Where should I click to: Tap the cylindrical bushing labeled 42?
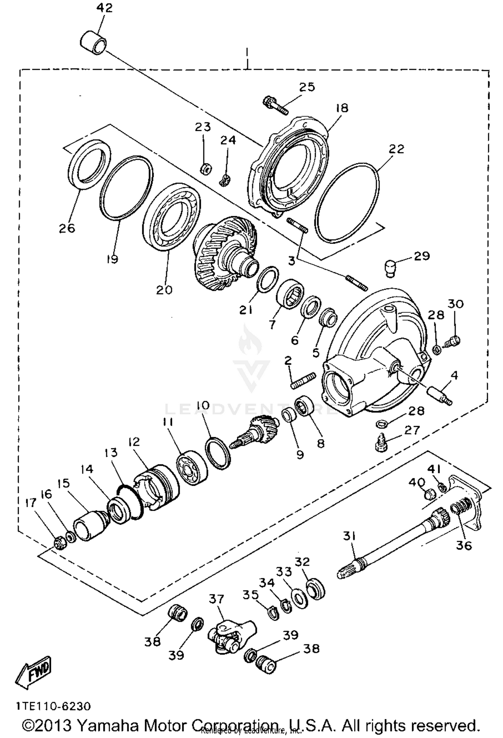[94, 43]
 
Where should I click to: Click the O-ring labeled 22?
[348, 202]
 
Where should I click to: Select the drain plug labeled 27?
[381, 444]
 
